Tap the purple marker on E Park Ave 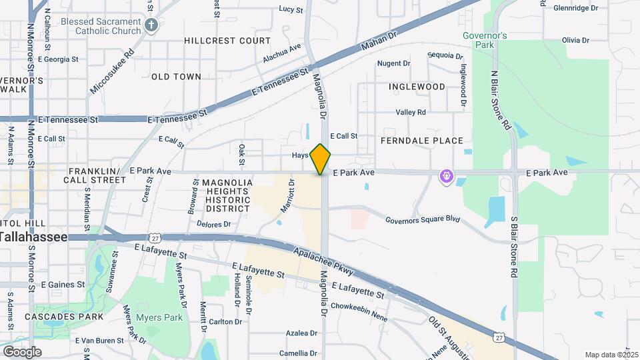(446, 177)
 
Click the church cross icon (151, 26)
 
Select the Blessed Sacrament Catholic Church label (101, 26)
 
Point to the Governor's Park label (485, 40)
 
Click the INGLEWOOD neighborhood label (417, 87)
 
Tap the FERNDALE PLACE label (421, 141)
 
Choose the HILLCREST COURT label (227, 41)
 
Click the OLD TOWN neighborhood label (176, 77)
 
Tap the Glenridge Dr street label (575, 8)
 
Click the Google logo (23, 351)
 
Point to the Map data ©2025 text (611, 355)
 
